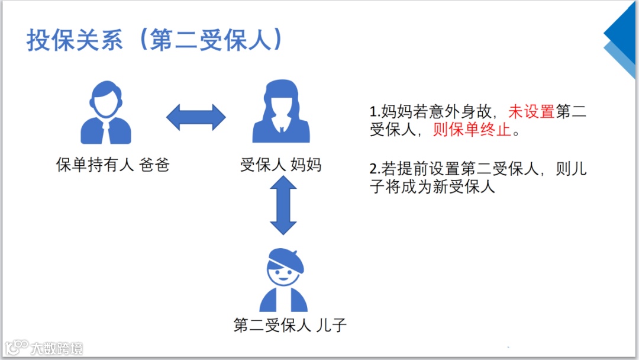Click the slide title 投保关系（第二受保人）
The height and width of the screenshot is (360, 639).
(155, 41)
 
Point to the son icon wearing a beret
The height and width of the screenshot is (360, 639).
(284, 281)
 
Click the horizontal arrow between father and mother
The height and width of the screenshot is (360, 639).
(196, 117)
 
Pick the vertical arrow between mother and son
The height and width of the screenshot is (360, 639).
(283, 205)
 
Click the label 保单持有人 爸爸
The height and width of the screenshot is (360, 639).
(113, 165)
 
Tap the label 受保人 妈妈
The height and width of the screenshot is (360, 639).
(281, 165)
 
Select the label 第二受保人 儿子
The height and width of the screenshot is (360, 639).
(289, 325)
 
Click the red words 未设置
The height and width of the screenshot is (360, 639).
(531, 111)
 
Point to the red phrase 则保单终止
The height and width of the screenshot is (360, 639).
(472, 130)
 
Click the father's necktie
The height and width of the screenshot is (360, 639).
(105, 133)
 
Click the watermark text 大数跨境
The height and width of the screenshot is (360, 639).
(57, 348)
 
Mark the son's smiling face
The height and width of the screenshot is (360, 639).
(283, 276)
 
